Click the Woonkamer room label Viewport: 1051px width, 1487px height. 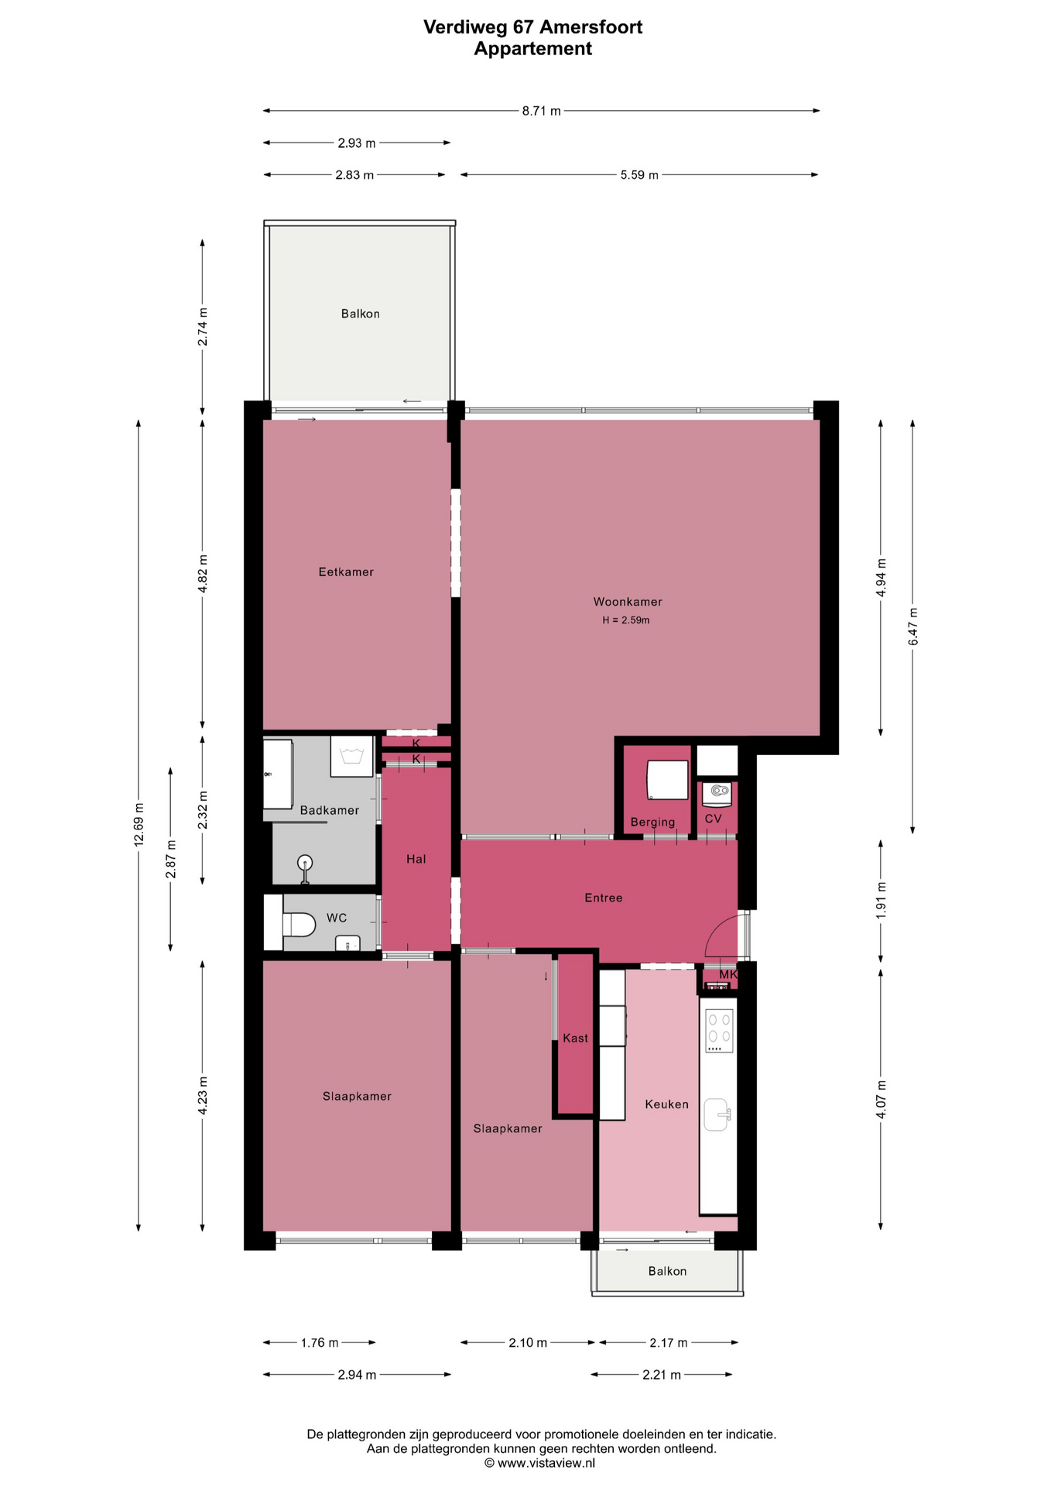click(x=628, y=602)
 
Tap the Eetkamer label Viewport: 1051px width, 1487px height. click(x=346, y=572)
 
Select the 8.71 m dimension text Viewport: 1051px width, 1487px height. click(x=541, y=111)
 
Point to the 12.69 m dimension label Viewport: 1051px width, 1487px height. click(x=139, y=825)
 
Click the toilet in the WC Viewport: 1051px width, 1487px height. click(x=298, y=924)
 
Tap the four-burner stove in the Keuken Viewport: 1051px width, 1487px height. click(x=719, y=1030)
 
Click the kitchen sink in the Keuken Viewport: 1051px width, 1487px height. click(x=717, y=1114)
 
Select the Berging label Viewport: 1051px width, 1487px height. click(x=652, y=822)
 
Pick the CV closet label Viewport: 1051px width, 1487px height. click(x=713, y=819)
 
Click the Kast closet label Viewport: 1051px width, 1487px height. click(x=575, y=1038)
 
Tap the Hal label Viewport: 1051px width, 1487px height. click(x=416, y=859)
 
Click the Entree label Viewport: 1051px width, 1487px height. click(x=604, y=898)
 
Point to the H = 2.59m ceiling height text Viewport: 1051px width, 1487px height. click(x=626, y=620)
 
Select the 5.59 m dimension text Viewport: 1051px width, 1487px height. click(x=639, y=175)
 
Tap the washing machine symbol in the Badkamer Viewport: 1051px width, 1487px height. click(x=352, y=757)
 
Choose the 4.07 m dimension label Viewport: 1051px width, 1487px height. click(x=882, y=1098)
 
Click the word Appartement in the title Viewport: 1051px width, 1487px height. click(x=533, y=49)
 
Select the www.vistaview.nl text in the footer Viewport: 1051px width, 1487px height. click(x=546, y=1463)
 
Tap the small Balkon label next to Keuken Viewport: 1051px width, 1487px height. click(x=667, y=1271)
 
